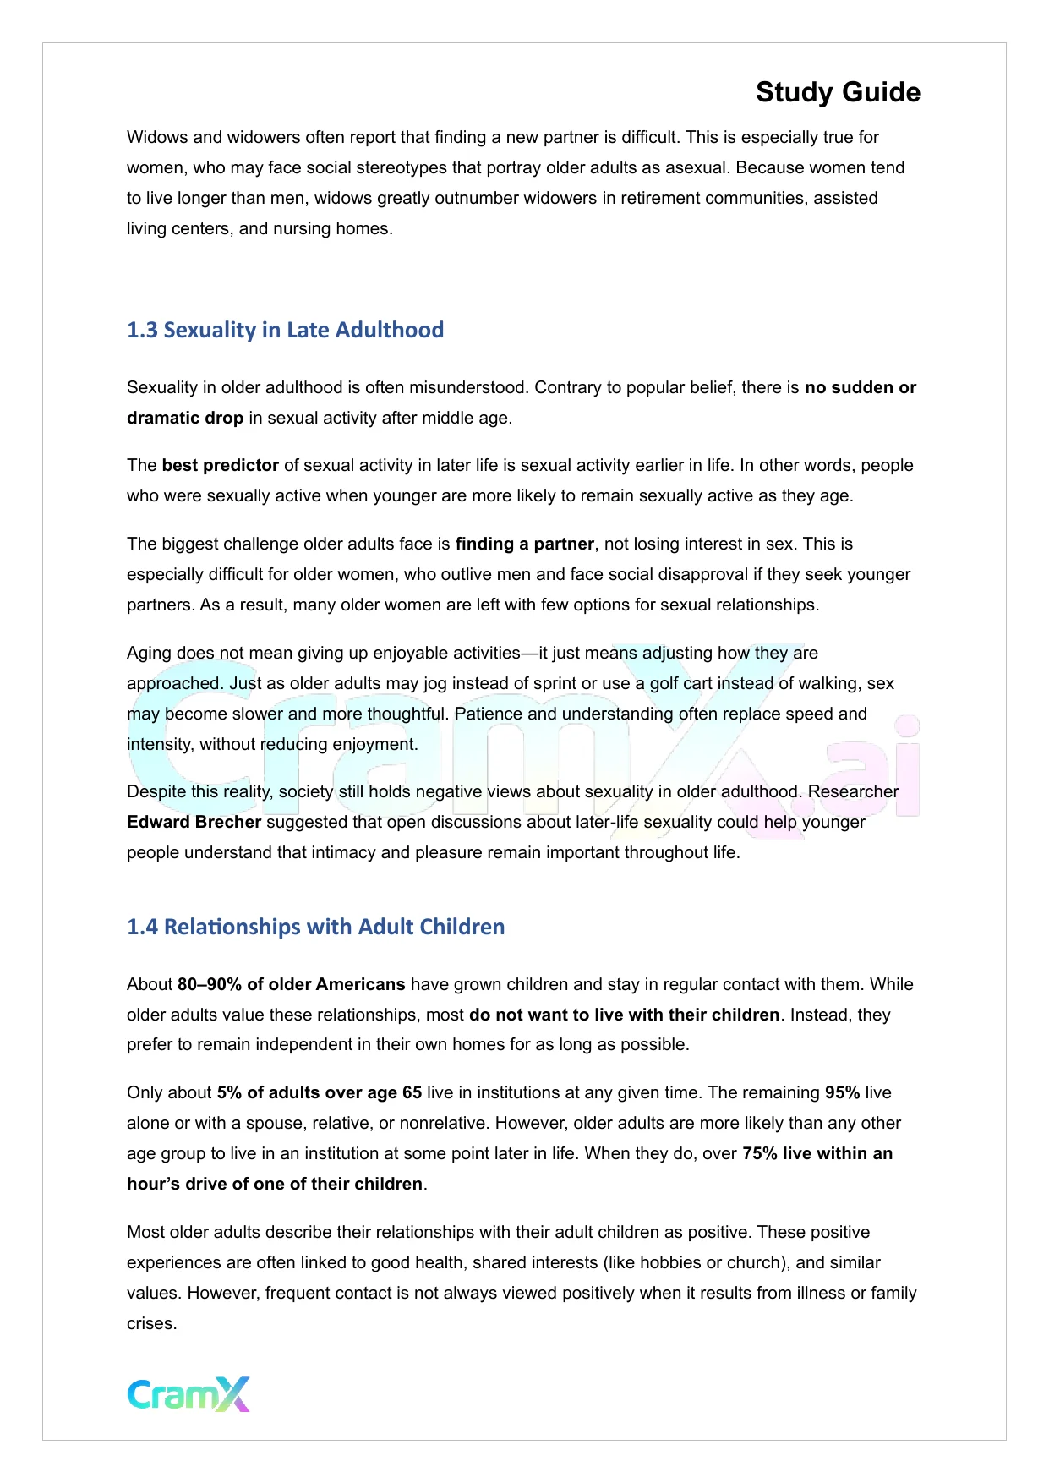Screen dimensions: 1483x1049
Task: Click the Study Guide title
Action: [x=838, y=92]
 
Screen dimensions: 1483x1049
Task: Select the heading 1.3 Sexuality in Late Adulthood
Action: [x=285, y=330]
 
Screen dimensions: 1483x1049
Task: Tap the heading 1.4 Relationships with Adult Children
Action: [x=315, y=927]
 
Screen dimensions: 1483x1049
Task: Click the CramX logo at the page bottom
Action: [x=188, y=1394]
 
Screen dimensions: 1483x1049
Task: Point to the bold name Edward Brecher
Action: [x=194, y=822]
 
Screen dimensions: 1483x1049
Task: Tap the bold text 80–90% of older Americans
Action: [x=291, y=984]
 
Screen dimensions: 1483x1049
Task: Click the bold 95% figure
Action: [x=842, y=1092]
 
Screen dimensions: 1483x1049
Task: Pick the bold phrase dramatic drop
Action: [x=185, y=418]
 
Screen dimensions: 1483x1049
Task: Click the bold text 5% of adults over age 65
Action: [x=319, y=1092]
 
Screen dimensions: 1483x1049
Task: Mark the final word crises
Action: [x=151, y=1323]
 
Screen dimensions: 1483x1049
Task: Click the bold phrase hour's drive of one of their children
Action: [x=275, y=1184]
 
